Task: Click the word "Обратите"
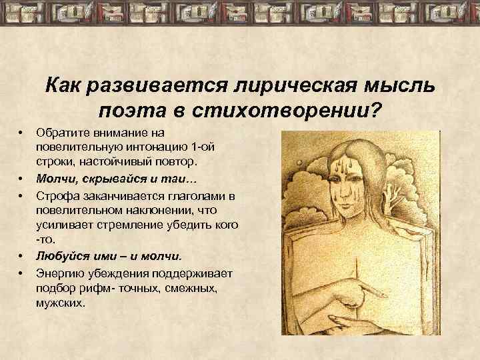tap(59, 134)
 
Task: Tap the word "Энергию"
tap(58, 272)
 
